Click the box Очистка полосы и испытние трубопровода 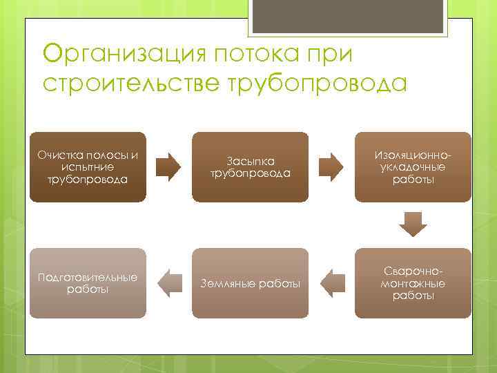coord(87,166)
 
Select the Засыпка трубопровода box coord(250,166)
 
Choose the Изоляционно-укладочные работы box coord(413,166)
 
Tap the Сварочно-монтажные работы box coord(413,283)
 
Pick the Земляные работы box coord(250,283)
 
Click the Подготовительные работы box coord(87,283)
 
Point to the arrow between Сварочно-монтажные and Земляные coord(332,283)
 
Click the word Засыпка coord(250,161)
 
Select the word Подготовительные coord(87,277)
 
